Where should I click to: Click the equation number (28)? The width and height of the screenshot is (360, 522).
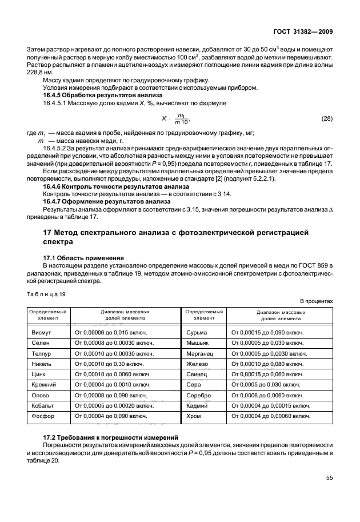(x=326, y=118)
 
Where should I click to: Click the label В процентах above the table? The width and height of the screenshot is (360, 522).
(x=316, y=301)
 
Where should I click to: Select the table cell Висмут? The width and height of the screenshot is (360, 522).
(x=42, y=332)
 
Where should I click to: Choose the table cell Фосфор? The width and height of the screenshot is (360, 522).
(x=43, y=416)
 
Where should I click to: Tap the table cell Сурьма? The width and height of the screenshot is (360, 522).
(x=198, y=332)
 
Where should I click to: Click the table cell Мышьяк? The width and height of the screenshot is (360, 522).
(x=198, y=342)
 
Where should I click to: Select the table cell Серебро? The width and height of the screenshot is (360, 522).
(x=199, y=395)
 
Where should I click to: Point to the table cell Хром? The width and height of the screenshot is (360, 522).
(x=194, y=416)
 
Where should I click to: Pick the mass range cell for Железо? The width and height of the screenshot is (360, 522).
(x=266, y=364)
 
